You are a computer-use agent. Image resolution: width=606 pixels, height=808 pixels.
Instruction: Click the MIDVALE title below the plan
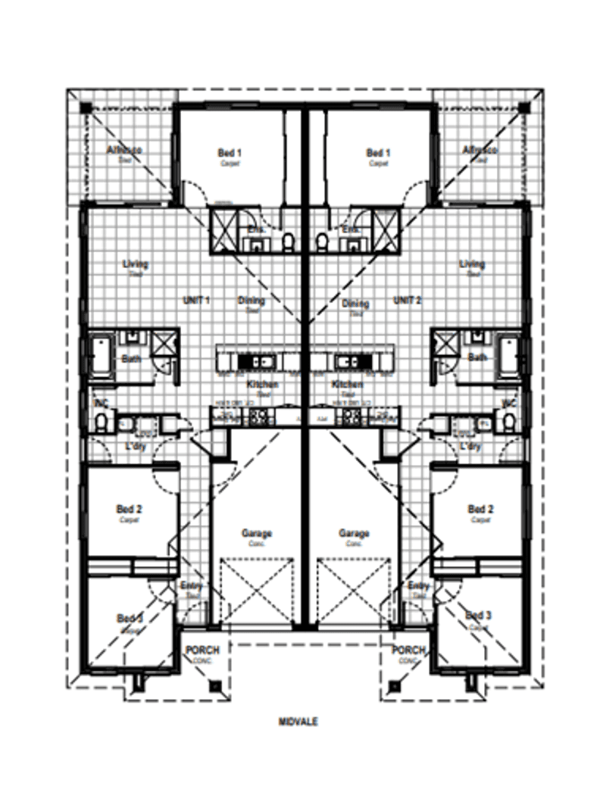297,722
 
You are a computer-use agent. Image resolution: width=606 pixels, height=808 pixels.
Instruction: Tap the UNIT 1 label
196,300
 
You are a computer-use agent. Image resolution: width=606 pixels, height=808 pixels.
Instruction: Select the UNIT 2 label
407,300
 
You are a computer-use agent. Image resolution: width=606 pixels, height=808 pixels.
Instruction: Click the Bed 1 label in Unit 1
229,152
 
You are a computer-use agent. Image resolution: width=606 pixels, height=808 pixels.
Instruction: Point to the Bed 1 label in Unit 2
378,152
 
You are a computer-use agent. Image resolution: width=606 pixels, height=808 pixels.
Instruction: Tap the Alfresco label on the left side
124,150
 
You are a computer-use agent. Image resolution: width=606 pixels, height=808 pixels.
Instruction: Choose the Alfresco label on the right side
480,150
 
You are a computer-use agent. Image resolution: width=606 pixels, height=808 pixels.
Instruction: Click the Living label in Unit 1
136,264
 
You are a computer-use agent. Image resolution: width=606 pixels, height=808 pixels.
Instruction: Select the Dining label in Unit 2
355,304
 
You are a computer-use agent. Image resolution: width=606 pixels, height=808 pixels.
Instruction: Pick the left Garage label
257,533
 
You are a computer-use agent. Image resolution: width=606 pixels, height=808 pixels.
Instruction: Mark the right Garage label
354,533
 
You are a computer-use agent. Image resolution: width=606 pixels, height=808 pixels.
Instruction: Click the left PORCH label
203,650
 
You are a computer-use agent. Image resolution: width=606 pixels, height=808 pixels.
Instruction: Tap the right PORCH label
408,650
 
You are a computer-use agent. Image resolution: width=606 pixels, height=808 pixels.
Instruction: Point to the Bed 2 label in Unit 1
129,509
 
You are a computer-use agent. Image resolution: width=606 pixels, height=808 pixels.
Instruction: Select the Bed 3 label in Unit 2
479,616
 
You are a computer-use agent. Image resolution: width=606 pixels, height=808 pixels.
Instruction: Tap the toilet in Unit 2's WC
509,421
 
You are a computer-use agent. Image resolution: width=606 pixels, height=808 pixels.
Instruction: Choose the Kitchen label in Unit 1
262,385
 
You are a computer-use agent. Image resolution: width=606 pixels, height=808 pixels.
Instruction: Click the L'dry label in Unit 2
470,447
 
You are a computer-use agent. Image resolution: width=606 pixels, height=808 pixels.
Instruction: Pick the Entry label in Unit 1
191,585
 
